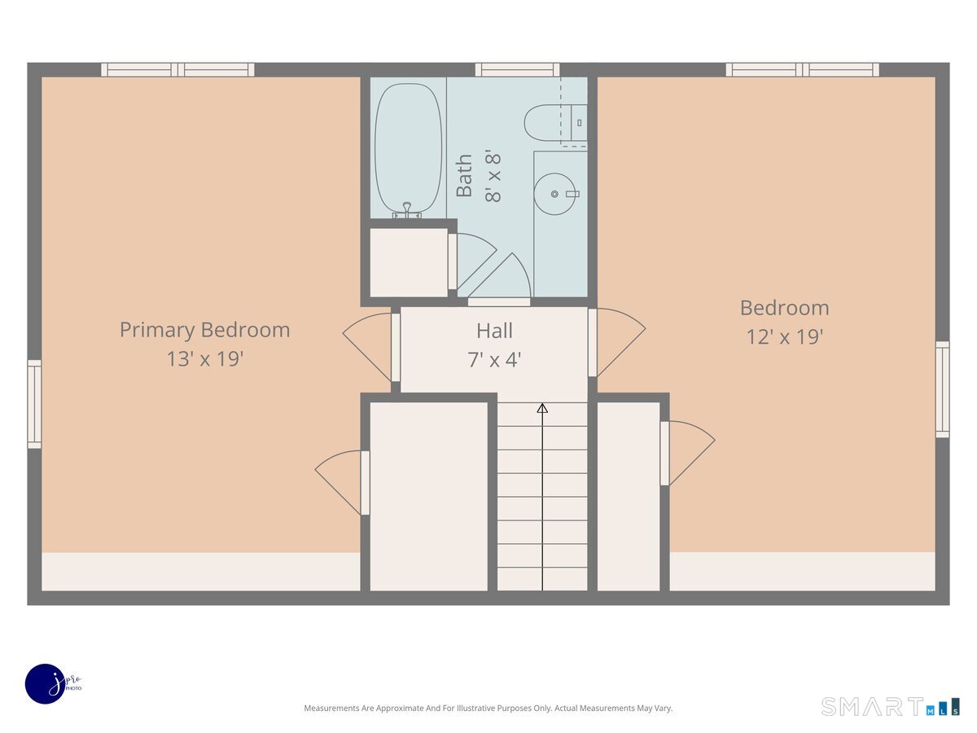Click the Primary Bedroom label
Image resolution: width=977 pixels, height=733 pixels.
[204, 330]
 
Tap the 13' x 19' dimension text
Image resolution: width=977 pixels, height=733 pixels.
[205, 358]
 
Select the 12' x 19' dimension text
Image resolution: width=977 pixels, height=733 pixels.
[785, 336]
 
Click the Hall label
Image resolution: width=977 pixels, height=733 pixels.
[494, 331]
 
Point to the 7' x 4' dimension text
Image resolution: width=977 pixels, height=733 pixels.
[494, 359]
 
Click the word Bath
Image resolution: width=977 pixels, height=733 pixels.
[464, 176]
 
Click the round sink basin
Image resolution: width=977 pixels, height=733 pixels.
[554, 194]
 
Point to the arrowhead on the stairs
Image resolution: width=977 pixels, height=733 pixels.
[542, 407]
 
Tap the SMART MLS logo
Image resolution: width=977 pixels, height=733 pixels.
[890, 706]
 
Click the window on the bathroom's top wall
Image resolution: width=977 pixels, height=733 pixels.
[517, 70]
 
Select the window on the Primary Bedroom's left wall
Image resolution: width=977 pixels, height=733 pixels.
[34, 404]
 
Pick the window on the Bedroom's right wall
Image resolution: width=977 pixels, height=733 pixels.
[942, 389]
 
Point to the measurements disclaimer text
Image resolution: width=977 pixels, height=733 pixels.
[488, 709]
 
